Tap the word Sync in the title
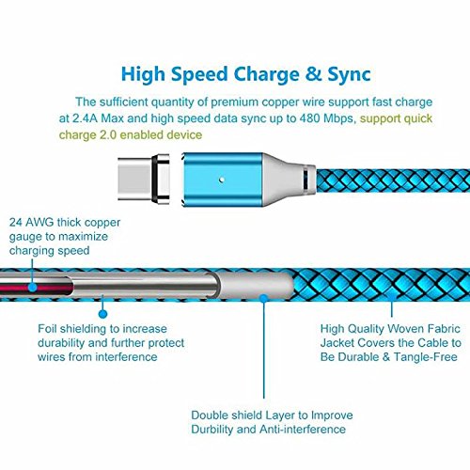[x=349, y=75]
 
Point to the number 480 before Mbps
[x=310, y=118]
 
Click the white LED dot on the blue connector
[x=222, y=180]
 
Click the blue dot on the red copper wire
[x=32, y=287]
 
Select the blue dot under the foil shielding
[x=102, y=313]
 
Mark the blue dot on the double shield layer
[x=264, y=298]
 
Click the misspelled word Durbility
[x=212, y=430]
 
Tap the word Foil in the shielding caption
[x=47, y=329]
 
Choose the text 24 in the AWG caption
[x=16, y=223]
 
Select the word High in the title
[x=143, y=75]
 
